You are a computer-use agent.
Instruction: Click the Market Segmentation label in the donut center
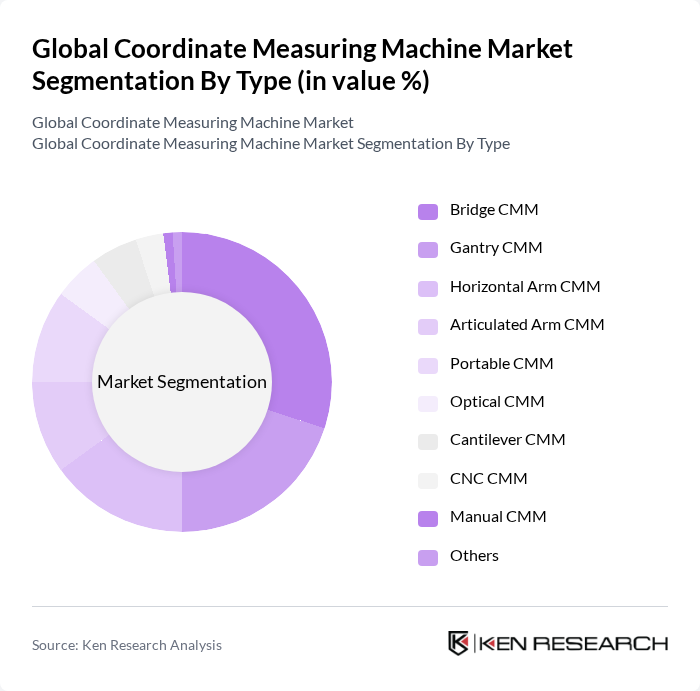coord(182,382)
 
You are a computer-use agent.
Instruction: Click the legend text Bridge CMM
coord(494,210)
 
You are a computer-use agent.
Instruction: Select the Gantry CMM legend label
coord(496,248)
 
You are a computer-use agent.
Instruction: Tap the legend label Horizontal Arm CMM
coord(525,287)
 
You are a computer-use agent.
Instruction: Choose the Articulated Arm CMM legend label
coord(527,325)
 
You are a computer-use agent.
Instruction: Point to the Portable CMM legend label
coord(501,364)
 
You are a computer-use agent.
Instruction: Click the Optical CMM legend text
coord(497,402)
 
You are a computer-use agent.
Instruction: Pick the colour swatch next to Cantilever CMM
coord(428,441)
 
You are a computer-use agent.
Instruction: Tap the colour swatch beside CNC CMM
coord(428,479)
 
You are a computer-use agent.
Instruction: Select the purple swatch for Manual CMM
coord(428,518)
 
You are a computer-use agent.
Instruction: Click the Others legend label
coord(474,556)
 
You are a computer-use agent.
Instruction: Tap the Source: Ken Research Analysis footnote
coord(127,645)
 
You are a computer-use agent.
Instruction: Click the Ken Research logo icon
coord(458,643)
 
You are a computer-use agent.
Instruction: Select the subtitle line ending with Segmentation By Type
coord(271,143)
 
